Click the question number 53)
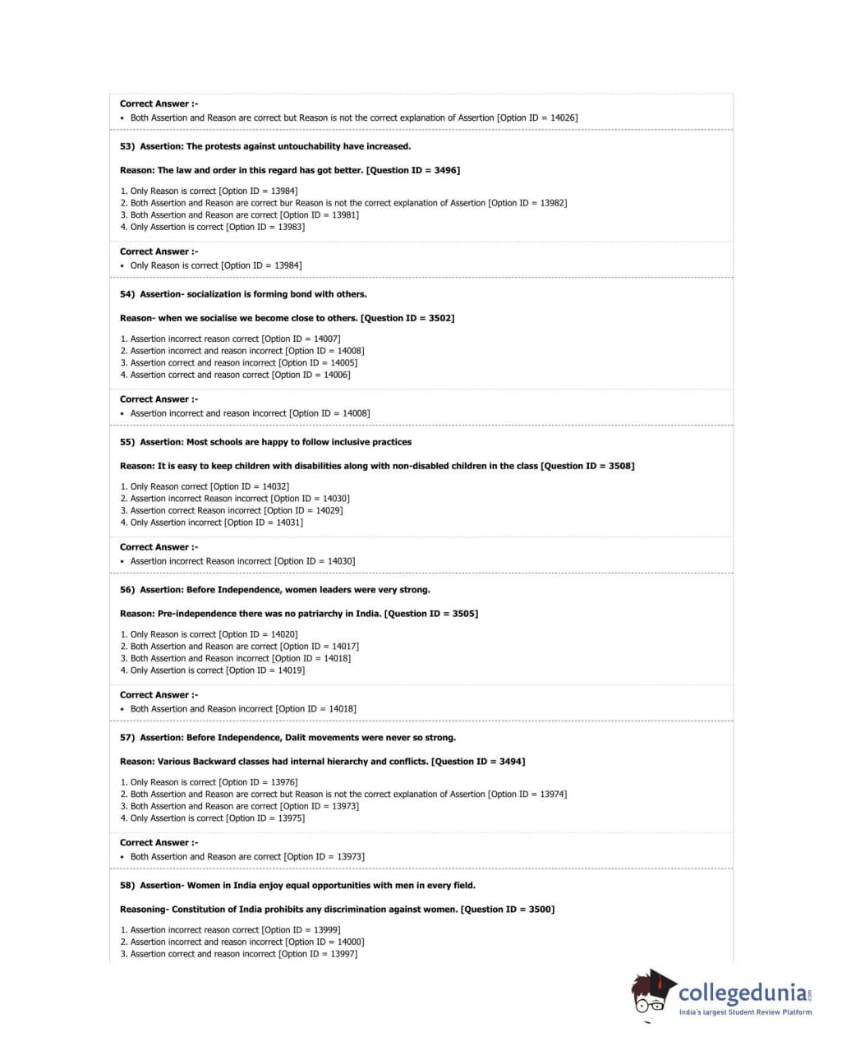(x=127, y=146)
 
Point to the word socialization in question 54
(x=214, y=294)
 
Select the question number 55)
(x=127, y=442)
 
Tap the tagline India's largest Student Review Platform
(x=745, y=1012)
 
